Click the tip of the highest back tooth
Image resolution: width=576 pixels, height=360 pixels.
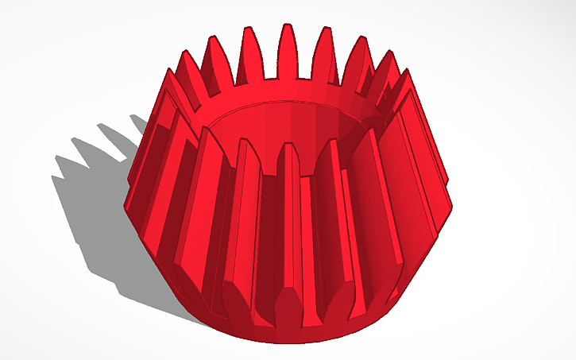click(286, 29)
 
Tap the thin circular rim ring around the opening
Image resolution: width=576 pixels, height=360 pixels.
click(238, 111)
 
